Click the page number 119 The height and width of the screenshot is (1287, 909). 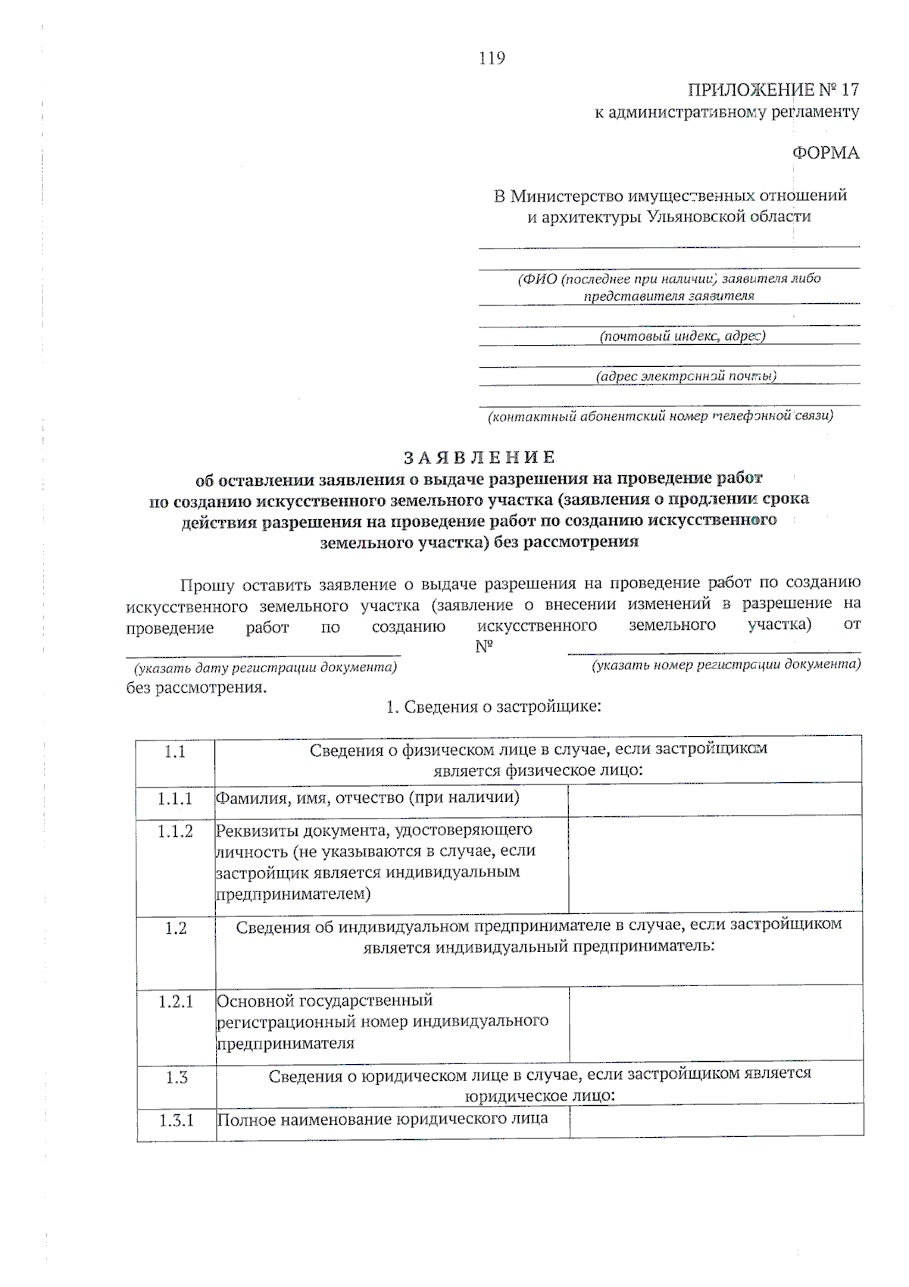pos(492,58)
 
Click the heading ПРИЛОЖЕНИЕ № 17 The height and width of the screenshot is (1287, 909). pos(773,90)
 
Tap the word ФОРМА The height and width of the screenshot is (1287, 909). pos(826,153)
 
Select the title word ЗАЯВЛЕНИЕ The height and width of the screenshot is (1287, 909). pos(479,458)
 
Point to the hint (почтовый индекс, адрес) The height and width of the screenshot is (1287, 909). pos(682,336)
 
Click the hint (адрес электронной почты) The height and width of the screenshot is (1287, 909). pos(686,376)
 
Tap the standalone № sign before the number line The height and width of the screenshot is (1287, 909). pos(484,647)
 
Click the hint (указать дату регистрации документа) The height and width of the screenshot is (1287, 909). pos(265,668)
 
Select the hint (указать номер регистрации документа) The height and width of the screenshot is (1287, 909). pos(726,665)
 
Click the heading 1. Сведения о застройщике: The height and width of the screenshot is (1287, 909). pos(493,707)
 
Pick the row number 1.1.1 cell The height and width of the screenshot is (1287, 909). pos(175,799)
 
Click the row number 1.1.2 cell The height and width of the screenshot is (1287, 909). pos(175,831)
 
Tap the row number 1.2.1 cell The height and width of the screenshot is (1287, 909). pos(176,1002)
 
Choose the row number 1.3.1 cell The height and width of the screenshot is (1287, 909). pos(176,1120)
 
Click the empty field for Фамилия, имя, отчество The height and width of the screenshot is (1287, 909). pos(714,799)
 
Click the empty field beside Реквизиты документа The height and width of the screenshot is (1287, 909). pos(714,864)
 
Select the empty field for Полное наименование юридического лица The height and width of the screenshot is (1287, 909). pos(716,1120)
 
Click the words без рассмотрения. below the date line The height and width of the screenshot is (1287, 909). pos(196,688)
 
